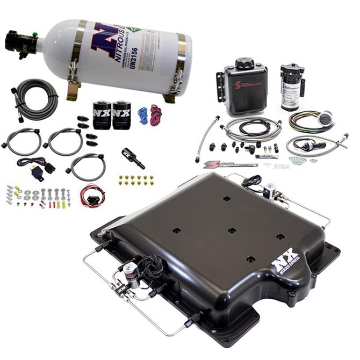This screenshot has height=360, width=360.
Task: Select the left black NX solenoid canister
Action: coord(102,114)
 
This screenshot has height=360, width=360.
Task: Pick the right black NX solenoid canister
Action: coord(121,114)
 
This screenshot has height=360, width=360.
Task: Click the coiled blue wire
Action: coord(142,115)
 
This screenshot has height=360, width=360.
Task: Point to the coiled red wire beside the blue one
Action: coord(156,115)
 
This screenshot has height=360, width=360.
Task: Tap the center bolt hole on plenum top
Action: coord(232,230)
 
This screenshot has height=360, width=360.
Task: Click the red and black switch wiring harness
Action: coord(91,195)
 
